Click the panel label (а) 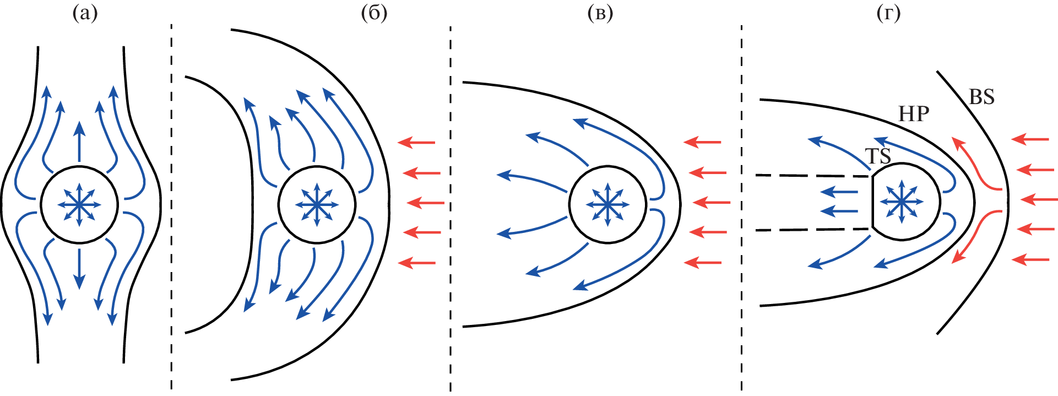[85, 14]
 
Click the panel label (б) [375, 14]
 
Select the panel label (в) [600, 14]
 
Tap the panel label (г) [888, 14]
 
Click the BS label [981, 97]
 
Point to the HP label [914, 114]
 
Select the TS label [878, 156]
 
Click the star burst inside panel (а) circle [79, 205]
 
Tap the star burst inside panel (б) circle [317, 205]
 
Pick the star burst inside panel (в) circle [607, 205]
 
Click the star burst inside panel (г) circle [901, 202]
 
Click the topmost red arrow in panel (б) [416, 143]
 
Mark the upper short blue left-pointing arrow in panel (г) [839, 192]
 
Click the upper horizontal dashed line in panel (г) [812, 176]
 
